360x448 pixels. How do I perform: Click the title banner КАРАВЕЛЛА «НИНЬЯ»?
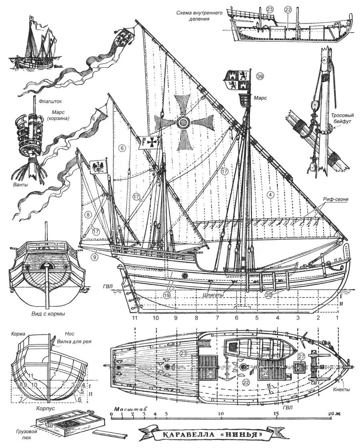click(x=213, y=435)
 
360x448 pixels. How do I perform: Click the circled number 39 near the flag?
click(x=260, y=76)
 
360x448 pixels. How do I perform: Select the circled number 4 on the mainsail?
click(x=270, y=195)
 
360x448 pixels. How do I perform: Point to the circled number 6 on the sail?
click(x=122, y=148)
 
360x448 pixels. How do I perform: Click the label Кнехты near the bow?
click(x=342, y=389)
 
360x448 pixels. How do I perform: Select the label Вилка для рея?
click(x=74, y=341)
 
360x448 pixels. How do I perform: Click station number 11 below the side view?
click(x=135, y=318)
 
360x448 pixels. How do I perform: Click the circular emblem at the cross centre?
click(x=183, y=123)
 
